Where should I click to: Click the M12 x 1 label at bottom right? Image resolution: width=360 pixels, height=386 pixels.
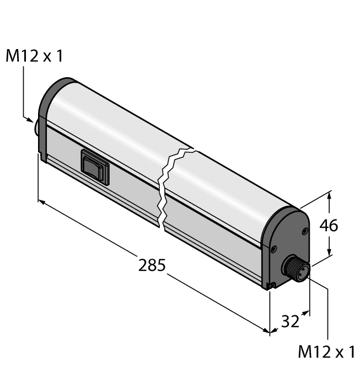point(326,352)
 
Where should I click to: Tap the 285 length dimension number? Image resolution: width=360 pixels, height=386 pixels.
point(152,265)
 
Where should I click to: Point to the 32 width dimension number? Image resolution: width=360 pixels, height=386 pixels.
point(289,321)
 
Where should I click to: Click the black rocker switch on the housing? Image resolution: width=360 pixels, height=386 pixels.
point(95,167)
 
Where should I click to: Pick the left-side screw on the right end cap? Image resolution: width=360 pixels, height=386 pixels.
point(273,250)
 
